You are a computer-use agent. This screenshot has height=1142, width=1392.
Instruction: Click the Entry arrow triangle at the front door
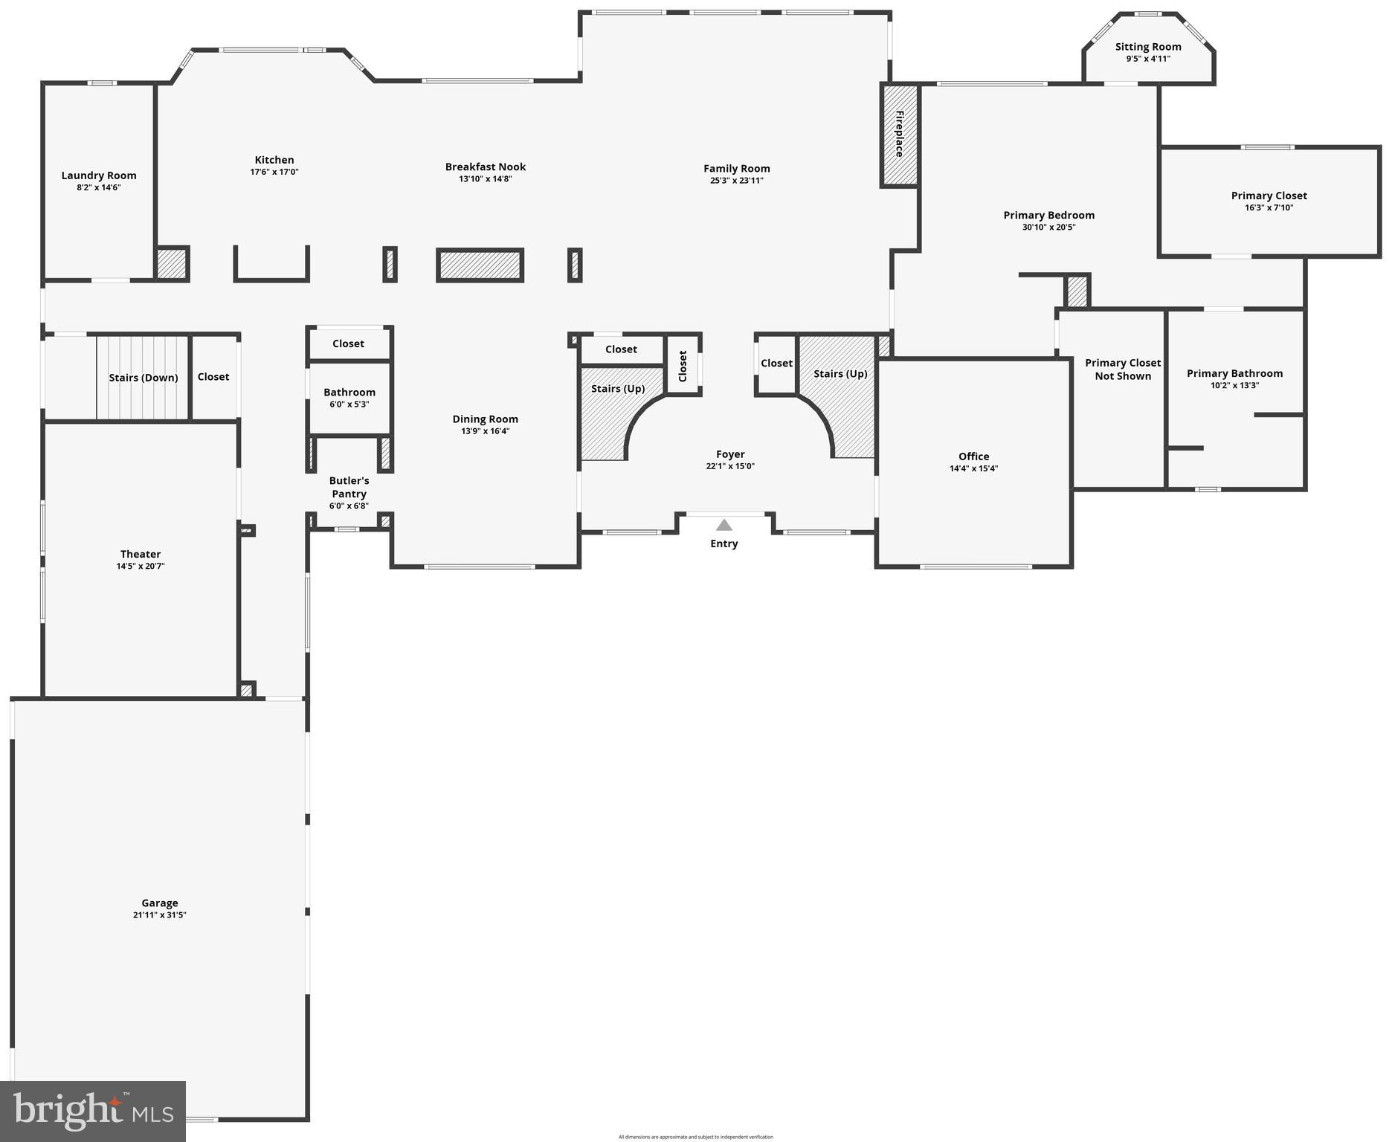click(x=724, y=525)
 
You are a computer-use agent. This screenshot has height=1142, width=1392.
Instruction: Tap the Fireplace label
click(x=899, y=134)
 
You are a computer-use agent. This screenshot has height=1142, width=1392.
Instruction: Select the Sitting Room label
click(x=1148, y=47)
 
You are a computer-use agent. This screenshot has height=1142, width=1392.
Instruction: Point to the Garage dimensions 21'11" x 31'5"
click(x=160, y=915)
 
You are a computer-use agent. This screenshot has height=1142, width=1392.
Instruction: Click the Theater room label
click(x=141, y=554)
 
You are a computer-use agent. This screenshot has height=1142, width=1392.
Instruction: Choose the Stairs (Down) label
click(x=144, y=378)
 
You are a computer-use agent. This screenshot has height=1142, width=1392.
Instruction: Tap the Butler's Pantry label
click(x=349, y=487)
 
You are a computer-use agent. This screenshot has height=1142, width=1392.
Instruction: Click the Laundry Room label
click(x=99, y=175)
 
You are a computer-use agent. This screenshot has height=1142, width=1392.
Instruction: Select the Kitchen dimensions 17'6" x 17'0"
click(x=274, y=172)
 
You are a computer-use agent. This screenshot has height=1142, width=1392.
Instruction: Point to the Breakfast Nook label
click(x=486, y=167)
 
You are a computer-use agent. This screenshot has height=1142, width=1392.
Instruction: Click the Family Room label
click(x=737, y=168)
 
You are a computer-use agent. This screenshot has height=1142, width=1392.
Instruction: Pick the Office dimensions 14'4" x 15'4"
click(x=973, y=468)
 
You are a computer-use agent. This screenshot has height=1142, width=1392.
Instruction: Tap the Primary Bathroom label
click(x=1234, y=373)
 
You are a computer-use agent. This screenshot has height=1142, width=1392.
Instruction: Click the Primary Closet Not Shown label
click(x=1123, y=370)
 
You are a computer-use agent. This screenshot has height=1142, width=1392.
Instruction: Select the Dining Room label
click(x=485, y=419)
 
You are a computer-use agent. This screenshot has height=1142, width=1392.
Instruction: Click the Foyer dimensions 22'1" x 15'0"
click(x=730, y=466)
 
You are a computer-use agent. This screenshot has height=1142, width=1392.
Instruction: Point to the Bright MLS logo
click(x=93, y=1111)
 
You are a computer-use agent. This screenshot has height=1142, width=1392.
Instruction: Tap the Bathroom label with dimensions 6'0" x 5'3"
click(x=349, y=392)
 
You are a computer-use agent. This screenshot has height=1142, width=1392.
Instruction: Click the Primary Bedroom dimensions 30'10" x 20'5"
click(x=1048, y=227)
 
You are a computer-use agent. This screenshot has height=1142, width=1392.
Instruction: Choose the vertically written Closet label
click(x=683, y=366)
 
